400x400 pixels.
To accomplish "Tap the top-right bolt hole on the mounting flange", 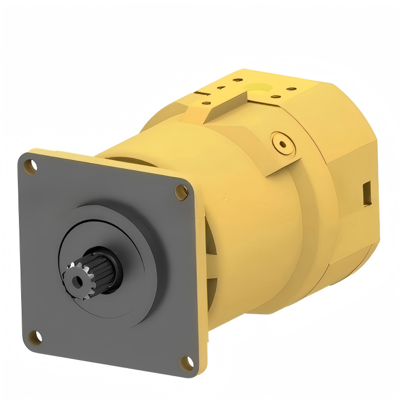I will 181,190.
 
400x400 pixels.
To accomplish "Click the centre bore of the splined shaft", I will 76,279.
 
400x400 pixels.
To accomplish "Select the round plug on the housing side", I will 282,142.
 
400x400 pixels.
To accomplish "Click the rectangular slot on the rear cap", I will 366,193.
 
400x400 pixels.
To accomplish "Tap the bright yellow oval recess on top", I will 259,86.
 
